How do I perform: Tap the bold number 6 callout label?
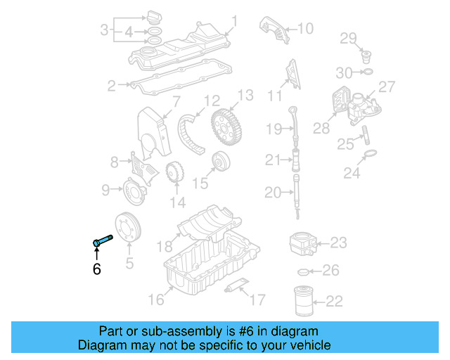(97, 268)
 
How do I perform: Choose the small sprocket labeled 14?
(173, 173)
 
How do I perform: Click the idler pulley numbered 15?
(221, 162)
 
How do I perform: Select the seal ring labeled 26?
(303, 271)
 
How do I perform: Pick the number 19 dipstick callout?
(274, 128)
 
